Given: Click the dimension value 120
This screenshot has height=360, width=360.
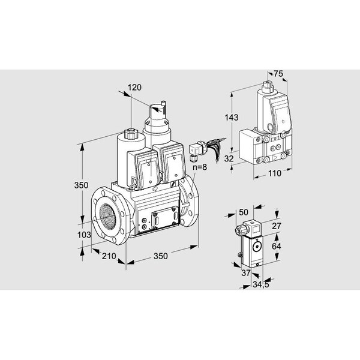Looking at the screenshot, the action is click(x=134, y=88).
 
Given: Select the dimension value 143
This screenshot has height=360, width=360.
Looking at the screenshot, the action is click(x=232, y=118).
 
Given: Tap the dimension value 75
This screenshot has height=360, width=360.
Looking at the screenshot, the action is click(x=278, y=74).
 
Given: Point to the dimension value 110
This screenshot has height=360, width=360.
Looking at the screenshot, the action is click(x=275, y=173).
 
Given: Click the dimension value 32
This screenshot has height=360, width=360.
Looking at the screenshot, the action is click(x=229, y=158).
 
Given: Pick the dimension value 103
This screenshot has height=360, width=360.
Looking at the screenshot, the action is click(x=84, y=235).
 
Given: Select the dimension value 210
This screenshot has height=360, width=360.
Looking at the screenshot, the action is click(x=109, y=256).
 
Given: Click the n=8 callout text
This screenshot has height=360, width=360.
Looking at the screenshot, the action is click(x=200, y=167).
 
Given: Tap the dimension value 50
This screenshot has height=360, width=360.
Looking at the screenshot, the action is click(x=244, y=212).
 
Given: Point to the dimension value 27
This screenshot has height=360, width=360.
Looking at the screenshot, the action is click(x=277, y=226).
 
